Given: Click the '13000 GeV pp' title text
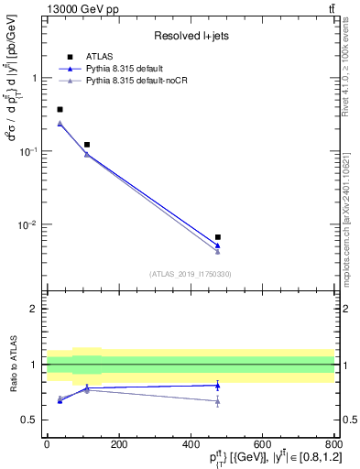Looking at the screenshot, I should coord(40,8).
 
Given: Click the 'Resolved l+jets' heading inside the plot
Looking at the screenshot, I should coord(190,36).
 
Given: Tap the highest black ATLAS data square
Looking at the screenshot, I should coord(60,109).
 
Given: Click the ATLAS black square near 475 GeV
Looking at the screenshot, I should coord(217,237).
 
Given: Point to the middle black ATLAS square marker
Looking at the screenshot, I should coord(87,145).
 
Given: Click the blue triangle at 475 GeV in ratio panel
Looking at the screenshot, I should coord(217,385).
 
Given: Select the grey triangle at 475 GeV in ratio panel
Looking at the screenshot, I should coord(217,400).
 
